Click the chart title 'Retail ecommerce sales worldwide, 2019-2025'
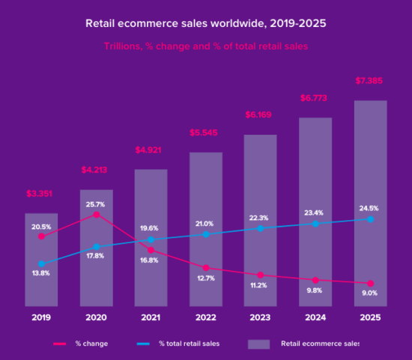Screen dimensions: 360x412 [x=205, y=23]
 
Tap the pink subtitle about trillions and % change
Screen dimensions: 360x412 [x=205, y=46]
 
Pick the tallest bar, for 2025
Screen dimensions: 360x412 [x=370, y=203]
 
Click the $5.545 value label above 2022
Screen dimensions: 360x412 [x=205, y=133]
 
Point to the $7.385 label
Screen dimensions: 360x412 [x=370, y=80]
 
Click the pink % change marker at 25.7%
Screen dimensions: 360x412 [x=96, y=215]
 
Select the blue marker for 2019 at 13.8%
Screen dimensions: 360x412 [x=41, y=263]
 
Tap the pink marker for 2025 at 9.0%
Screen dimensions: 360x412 [x=370, y=284]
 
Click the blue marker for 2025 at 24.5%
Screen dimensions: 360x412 [x=370, y=219]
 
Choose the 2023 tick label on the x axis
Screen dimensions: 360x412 [x=260, y=318]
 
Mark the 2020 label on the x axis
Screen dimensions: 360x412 [x=96, y=318]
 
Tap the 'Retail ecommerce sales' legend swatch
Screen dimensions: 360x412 [x=258, y=344]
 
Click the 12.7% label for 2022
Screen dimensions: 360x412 [x=205, y=279]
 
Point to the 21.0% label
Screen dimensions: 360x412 [x=205, y=223]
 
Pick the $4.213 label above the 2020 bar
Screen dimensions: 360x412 [x=96, y=170]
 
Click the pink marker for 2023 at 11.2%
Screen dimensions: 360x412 [x=260, y=275]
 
